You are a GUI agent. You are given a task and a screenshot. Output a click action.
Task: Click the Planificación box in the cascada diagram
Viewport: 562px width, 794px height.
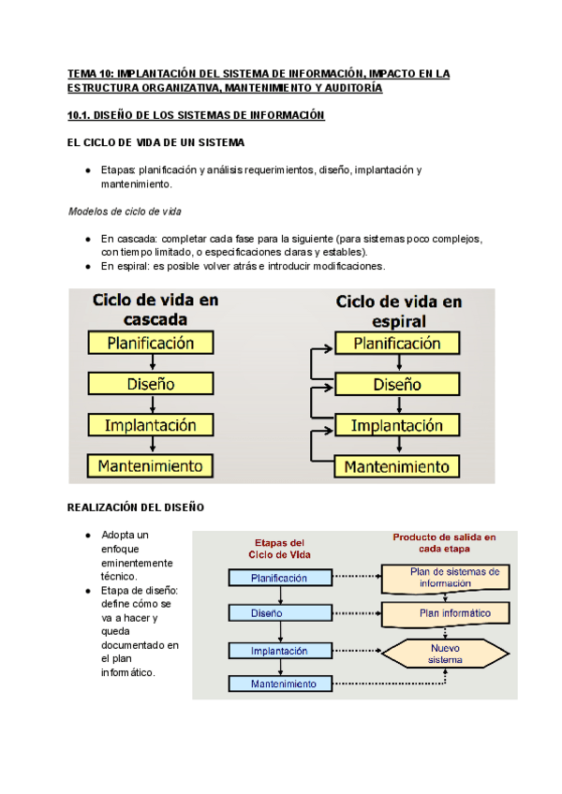150,343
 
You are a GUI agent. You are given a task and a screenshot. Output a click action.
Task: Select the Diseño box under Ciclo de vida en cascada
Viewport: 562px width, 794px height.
150,384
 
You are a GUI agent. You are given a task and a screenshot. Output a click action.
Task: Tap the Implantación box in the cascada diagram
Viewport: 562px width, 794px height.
150,424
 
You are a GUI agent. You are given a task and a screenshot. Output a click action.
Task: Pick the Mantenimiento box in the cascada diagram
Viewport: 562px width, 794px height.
150,464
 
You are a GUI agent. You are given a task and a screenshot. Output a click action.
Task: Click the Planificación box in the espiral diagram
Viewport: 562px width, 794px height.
401,344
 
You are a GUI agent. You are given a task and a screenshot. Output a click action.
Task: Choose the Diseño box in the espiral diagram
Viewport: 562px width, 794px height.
401,384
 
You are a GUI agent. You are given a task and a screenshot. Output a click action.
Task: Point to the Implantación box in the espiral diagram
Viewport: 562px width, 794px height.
401,425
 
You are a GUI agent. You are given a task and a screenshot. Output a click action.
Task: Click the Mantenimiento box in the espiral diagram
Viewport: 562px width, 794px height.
401,465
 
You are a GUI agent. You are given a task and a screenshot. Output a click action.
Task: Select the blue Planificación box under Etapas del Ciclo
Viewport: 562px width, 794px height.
279,578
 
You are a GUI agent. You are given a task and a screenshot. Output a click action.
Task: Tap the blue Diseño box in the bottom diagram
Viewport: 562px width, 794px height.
279,613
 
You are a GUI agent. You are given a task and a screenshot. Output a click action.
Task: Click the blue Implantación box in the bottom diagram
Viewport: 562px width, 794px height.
279,650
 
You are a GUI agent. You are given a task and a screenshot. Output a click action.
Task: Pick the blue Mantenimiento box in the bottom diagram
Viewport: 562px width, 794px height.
279,684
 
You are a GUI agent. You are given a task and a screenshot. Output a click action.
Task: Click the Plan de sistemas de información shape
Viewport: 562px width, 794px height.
446,578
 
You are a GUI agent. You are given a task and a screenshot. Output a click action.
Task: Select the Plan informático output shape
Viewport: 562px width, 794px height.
446,613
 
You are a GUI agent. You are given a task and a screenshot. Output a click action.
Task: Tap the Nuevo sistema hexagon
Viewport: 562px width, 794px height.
446,653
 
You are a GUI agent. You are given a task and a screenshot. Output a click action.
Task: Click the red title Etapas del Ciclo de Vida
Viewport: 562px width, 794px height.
279,548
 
